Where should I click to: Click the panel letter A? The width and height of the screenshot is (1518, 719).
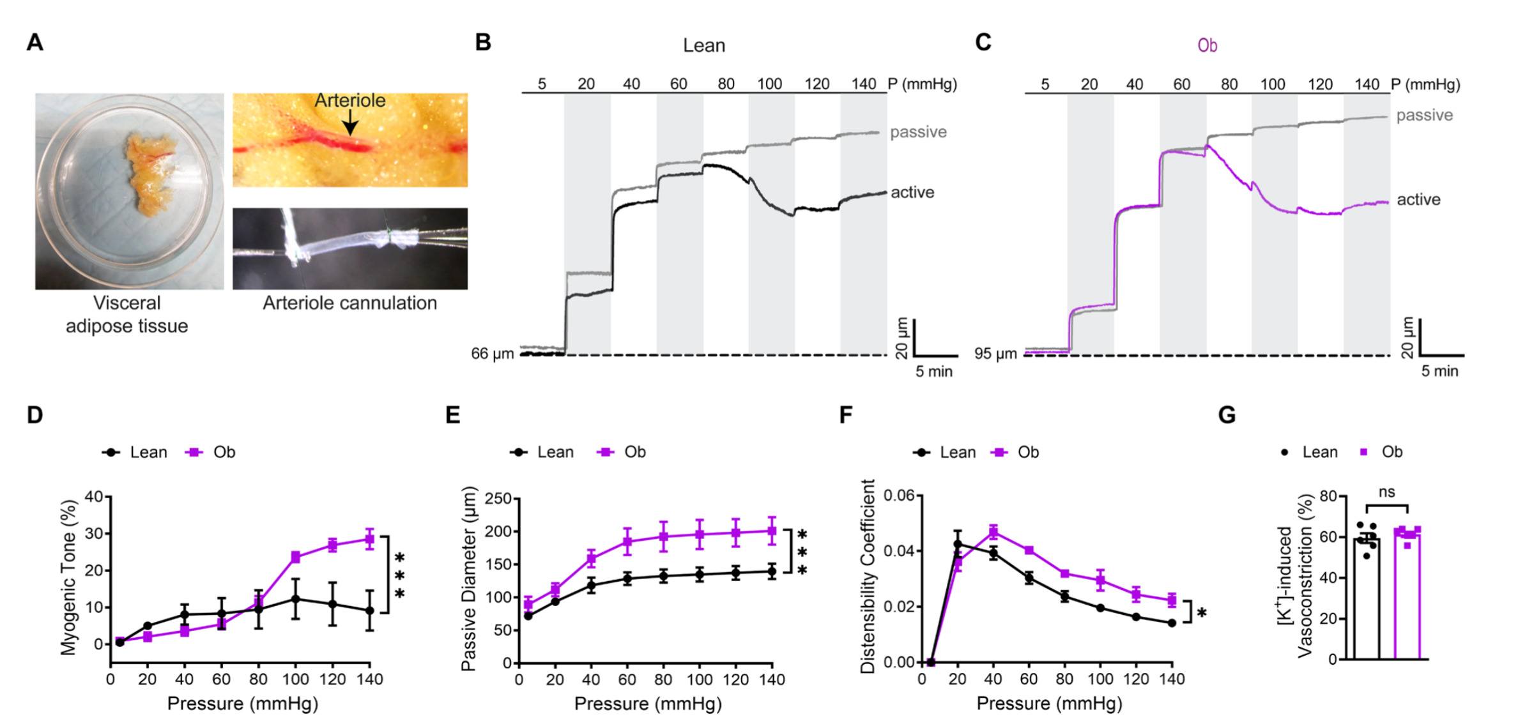tap(35, 43)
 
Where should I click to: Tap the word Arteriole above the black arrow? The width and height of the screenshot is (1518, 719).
tap(349, 100)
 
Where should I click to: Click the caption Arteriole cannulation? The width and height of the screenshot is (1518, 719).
tap(349, 303)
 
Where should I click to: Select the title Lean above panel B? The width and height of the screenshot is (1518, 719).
tap(704, 45)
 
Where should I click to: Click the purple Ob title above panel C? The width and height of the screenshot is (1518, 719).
tap(1207, 45)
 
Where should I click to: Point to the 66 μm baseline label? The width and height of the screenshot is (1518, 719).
tap(492, 354)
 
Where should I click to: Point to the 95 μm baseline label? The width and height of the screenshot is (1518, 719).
tap(995, 354)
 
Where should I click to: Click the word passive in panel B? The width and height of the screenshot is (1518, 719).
tap(918, 132)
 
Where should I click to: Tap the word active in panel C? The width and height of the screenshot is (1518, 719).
tap(1418, 200)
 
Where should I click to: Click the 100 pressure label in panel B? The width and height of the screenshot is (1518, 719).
tap(770, 84)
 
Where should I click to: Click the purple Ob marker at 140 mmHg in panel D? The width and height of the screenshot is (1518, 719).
tap(369, 540)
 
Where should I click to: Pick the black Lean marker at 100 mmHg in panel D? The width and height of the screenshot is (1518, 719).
tap(295, 599)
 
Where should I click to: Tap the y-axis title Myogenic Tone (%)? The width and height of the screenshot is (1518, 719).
tap(68, 577)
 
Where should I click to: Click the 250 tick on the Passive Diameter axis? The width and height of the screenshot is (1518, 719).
tap(499, 498)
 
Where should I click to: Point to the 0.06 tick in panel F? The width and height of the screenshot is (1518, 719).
tap(898, 496)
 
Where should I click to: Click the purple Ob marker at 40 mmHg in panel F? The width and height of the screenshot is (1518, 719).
tap(993, 531)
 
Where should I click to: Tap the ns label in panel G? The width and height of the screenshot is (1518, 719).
tap(1387, 492)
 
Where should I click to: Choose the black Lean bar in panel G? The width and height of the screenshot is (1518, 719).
tap(1367, 600)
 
